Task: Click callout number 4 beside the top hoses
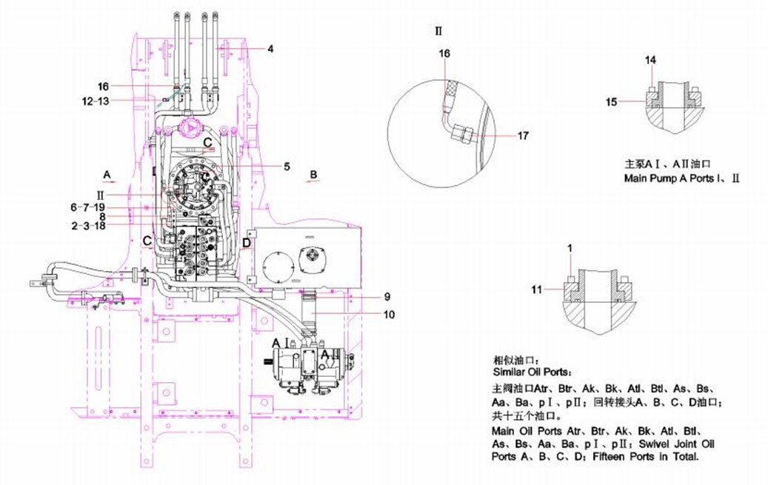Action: point(270,49)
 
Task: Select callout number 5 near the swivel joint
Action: point(287,167)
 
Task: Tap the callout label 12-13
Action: point(96,101)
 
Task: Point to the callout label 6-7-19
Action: point(87,207)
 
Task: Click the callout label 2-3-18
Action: point(88,225)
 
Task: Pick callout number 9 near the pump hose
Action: point(387,296)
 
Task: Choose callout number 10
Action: point(389,314)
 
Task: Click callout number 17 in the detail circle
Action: point(523,136)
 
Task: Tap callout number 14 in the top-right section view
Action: point(650,60)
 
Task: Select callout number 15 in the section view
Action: point(611,102)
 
